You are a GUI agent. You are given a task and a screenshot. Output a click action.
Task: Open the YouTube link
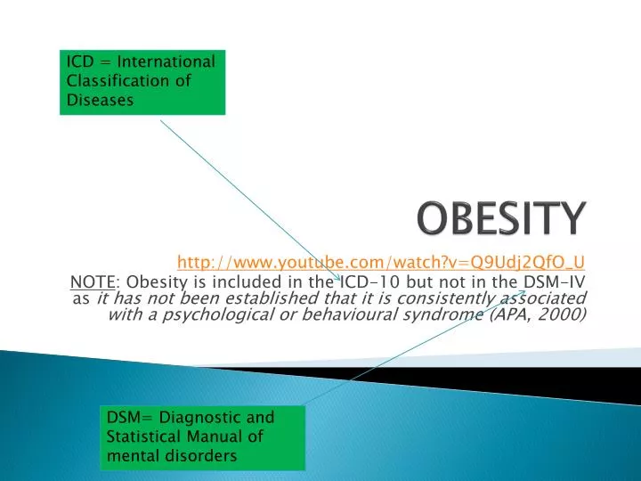[x=381, y=261]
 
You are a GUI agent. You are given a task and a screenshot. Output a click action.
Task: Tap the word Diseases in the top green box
[x=100, y=100]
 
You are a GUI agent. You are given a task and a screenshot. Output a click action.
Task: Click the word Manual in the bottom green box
[x=219, y=436]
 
